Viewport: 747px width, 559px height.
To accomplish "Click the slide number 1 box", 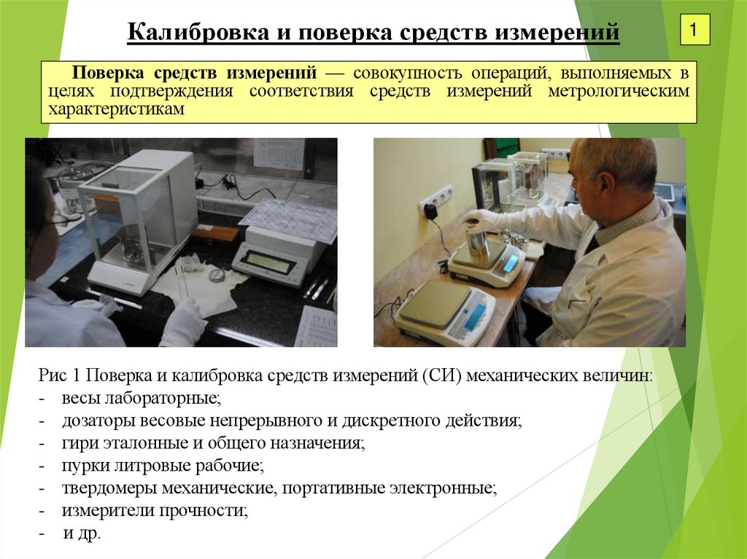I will coord(694,31).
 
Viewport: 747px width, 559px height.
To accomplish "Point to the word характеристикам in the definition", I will coord(117,109).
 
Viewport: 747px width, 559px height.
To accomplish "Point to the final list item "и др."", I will coord(82,533).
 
